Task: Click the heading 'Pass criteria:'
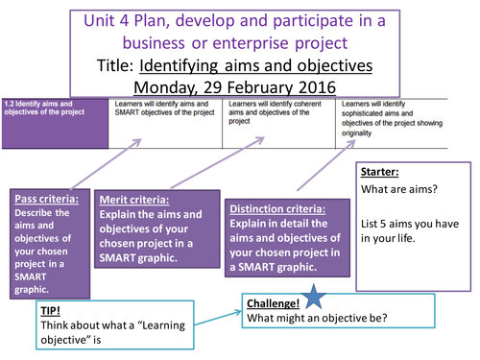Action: [x=45, y=199]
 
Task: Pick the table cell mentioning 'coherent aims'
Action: [x=278, y=111]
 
